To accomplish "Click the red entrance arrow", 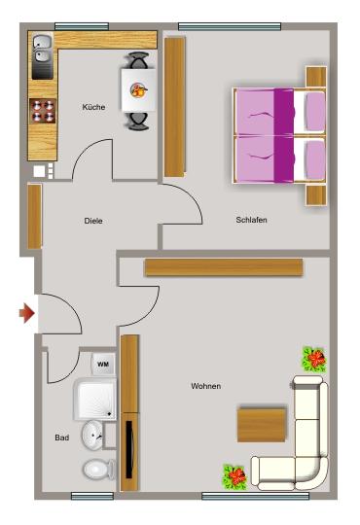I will (x=27, y=313).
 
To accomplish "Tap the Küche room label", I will (x=93, y=107).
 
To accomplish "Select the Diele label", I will (x=92, y=221).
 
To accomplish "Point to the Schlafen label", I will (x=251, y=220).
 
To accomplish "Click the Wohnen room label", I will (x=205, y=386).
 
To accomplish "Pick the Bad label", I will (x=61, y=438).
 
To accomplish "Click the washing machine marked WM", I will (x=104, y=365).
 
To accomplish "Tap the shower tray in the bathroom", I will (x=93, y=399).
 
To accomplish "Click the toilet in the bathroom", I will (x=97, y=472).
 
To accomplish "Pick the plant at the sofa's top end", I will (x=313, y=360).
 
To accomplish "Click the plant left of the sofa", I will (x=234, y=476).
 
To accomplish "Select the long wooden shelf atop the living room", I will (x=224, y=267).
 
